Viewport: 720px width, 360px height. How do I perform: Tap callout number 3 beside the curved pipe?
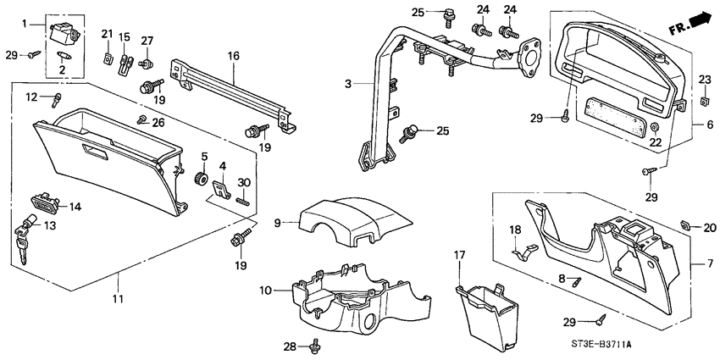[x=348, y=84]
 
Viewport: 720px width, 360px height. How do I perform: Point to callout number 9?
[x=277, y=224]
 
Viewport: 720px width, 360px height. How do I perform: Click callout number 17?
[x=459, y=254]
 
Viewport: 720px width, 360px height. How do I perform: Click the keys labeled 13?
[x=23, y=242]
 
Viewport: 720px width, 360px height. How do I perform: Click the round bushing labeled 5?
[x=202, y=179]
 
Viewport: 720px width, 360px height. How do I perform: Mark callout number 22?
[x=655, y=142]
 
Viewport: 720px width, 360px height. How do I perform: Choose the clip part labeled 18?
[x=523, y=249]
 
